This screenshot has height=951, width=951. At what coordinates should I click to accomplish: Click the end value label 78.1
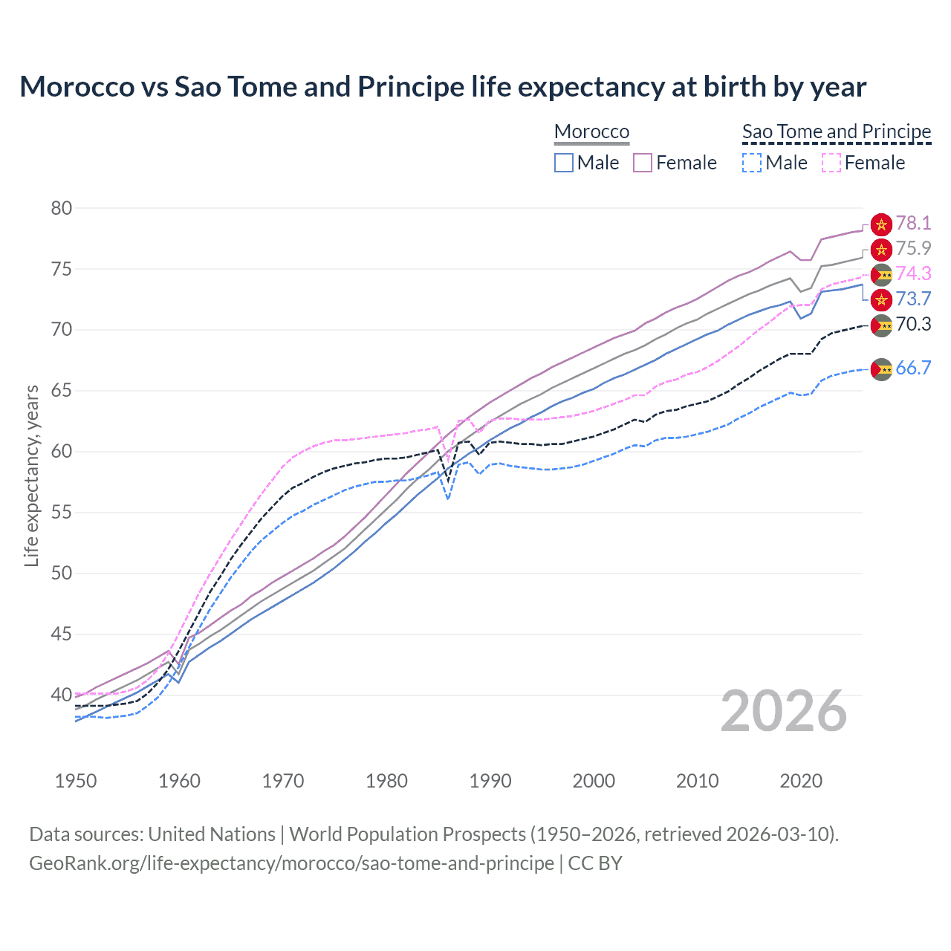(x=913, y=224)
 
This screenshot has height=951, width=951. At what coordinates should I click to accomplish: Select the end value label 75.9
(x=913, y=249)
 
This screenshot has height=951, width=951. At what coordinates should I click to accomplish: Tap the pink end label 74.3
(x=913, y=274)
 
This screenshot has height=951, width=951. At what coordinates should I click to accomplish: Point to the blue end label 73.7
(x=913, y=299)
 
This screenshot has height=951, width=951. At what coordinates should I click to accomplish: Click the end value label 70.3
(x=913, y=325)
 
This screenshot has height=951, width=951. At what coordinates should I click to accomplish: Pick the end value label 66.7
(x=913, y=369)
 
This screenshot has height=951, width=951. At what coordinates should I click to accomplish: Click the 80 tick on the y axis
(x=62, y=209)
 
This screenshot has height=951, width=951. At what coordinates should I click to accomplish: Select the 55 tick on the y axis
(x=62, y=513)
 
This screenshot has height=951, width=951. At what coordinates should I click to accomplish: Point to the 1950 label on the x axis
(x=76, y=781)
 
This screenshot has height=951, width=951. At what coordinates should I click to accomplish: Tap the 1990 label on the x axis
(x=490, y=781)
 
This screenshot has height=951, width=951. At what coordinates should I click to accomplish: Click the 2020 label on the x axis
(x=801, y=781)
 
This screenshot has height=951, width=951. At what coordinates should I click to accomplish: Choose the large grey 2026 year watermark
(x=784, y=712)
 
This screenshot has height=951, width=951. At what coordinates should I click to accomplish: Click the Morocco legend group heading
(x=591, y=132)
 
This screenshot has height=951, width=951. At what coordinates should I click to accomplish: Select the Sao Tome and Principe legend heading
(x=837, y=132)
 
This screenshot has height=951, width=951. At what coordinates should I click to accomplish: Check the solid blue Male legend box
(x=564, y=163)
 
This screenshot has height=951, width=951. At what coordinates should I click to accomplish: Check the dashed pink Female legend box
(x=831, y=163)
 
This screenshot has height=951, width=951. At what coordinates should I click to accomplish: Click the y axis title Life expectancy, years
(x=31, y=475)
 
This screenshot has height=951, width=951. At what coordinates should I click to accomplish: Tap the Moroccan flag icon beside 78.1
(x=881, y=224)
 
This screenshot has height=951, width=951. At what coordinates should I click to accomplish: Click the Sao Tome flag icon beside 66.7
(x=881, y=369)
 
